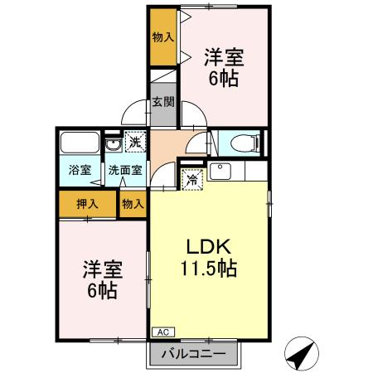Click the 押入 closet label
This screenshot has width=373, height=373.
coord(87,203)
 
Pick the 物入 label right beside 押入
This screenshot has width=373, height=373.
coord(133,203)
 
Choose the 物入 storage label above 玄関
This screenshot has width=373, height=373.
coord(163,38)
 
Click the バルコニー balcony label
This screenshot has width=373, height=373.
coord(199,354)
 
